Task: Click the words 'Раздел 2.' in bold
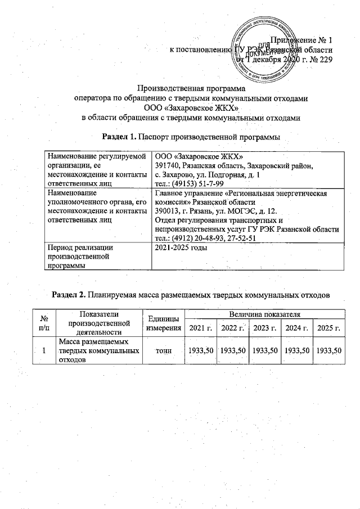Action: [x=70, y=294]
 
